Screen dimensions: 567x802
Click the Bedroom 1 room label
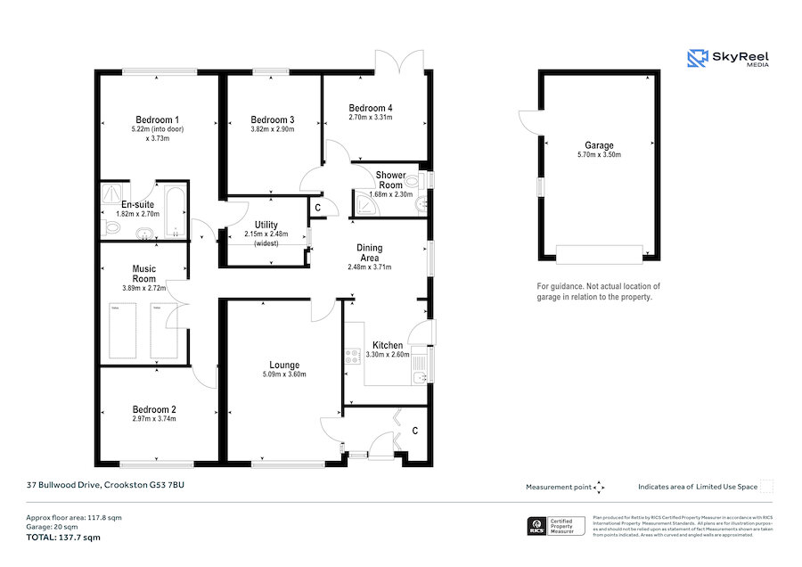pos(157,119)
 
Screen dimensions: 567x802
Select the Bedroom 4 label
pos(370,107)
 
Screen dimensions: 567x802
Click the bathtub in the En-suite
pos(173,211)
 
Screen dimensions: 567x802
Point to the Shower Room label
pos(390,179)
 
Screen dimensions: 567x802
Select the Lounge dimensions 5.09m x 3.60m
pos(284,374)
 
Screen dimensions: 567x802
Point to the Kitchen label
pos(388,345)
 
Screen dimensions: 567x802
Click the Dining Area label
pos(370,252)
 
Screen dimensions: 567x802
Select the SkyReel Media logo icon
pos(697,59)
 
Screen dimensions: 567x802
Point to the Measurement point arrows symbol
pos(599,487)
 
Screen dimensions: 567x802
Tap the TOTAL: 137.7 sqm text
pos(62,538)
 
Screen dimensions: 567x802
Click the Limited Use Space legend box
pos(766,486)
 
